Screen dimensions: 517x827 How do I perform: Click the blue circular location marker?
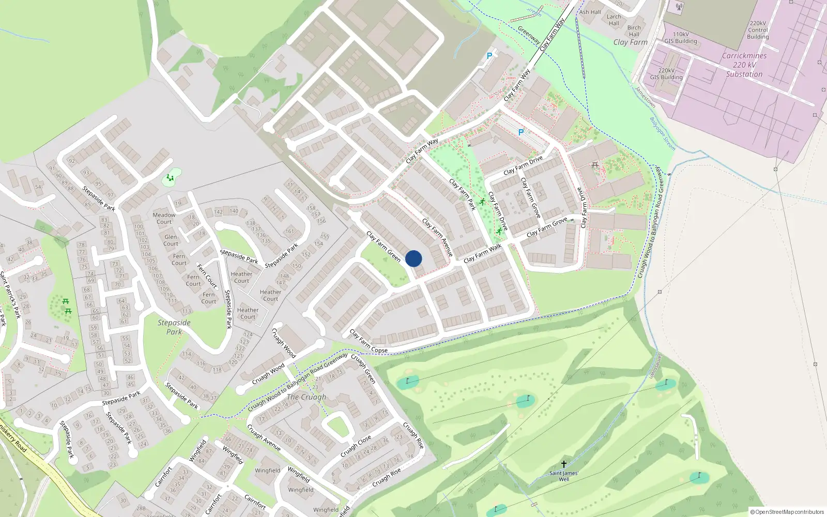tap(413, 258)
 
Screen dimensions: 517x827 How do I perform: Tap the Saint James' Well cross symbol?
tap(563, 464)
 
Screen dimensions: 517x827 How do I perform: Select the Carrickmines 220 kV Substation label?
tap(744, 65)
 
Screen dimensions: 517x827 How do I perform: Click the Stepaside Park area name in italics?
tap(174, 327)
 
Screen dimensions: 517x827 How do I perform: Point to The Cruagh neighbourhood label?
tap(307, 397)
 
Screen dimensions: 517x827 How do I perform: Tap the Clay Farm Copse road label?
tap(369, 342)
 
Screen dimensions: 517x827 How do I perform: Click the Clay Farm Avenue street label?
tap(438, 237)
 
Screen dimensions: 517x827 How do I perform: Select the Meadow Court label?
tap(164, 218)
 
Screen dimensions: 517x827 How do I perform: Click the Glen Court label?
tap(171, 240)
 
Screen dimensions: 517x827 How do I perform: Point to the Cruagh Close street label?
tap(356, 446)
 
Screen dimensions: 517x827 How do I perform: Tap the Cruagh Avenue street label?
tap(264, 437)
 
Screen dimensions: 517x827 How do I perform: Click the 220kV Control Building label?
tap(758, 30)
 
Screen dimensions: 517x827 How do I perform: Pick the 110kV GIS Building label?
tap(681, 38)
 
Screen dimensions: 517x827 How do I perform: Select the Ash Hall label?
tap(590, 12)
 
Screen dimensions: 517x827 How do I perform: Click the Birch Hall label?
tap(634, 31)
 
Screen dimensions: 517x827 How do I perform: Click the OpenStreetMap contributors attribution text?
tap(787, 512)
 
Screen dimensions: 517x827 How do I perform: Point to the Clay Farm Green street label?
tap(384, 247)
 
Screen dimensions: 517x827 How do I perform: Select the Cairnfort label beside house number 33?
tap(163, 477)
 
